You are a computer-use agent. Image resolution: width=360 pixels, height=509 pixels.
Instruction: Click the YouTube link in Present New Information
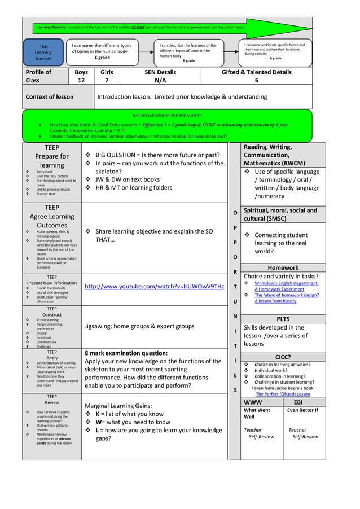[154, 287]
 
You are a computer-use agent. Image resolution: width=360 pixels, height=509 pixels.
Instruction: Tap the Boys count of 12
[81, 81]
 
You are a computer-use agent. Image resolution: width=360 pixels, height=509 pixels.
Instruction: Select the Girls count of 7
[107, 81]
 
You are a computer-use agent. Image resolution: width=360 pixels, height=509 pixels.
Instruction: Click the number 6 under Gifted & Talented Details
[257, 81]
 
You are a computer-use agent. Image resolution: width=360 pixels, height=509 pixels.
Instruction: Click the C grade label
[102, 58]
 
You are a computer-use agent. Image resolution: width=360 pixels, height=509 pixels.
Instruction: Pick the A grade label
[275, 58]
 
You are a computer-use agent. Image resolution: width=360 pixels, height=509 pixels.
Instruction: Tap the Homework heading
[283, 267]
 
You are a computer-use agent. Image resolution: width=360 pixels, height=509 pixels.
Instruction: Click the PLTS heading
[283, 318]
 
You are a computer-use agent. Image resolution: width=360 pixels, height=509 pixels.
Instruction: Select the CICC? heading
[283, 357]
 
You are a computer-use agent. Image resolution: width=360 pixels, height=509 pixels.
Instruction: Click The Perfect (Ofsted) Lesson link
[283, 394]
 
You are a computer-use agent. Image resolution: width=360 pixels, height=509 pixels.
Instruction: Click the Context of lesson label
[50, 96]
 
